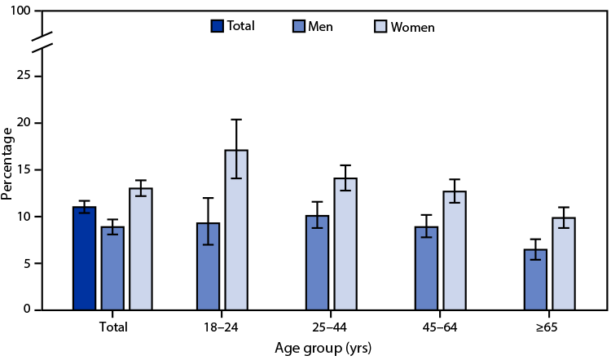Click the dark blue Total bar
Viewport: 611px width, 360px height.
point(84,258)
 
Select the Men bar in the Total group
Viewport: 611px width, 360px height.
point(112,268)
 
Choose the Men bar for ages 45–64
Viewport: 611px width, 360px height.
point(426,268)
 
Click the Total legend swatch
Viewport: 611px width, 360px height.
point(217,26)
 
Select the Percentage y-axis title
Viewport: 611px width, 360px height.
point(7,164)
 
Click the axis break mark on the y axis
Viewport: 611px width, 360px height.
point(42,40)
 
